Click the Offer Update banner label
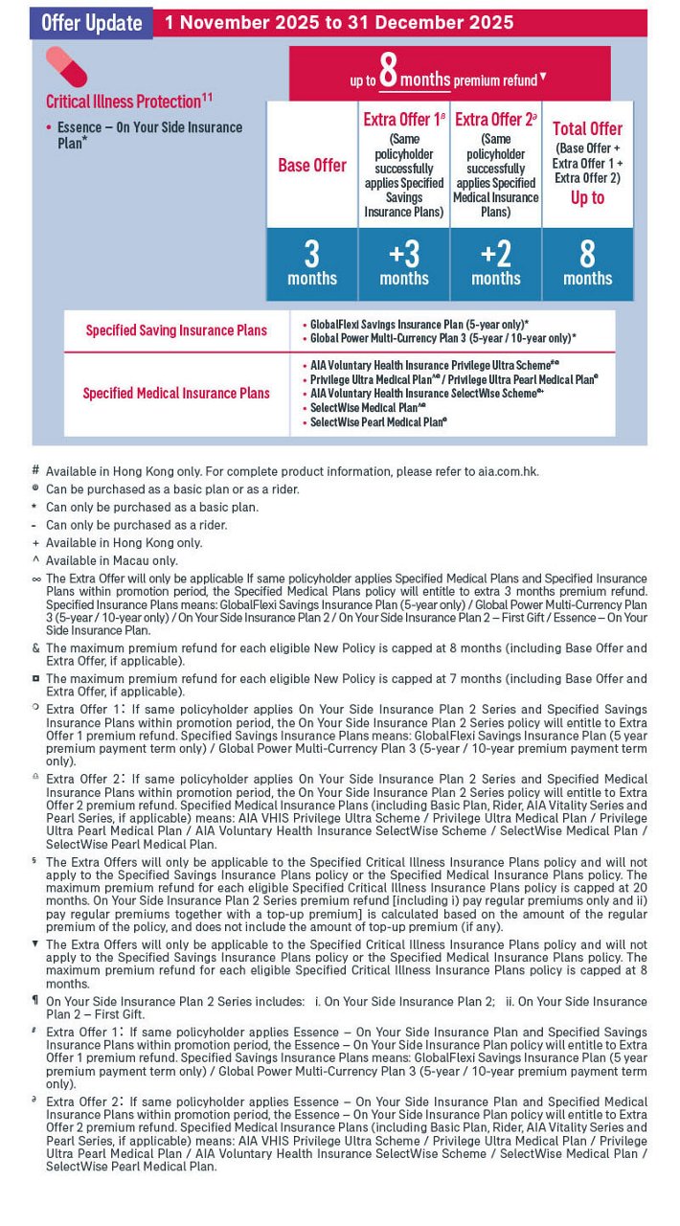pyautogui.click(x=92, y=24)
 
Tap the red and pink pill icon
pyautogui.click(x=66, y=67)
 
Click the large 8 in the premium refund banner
pyautogui.click(x=389, y=73)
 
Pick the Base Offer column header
pyautogui.click(x=312, y=166)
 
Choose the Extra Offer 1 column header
pyautogui.click(x=403, y=120)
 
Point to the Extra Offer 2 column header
pyautogui.click(x=495, y=120)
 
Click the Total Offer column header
pyautogui.click(x=587, y=128)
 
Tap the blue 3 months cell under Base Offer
pyautogui.click(x=312, y=263)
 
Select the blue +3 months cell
pyautogui.click(x=404, y=263)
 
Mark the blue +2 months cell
pyautogui.click(x=496, y=263)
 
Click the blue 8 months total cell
pyautogui.click(x=587, y=263)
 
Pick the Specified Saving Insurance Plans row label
pyautogui.click(x=176, y=330)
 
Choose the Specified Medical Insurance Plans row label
pyautogui.click(x=176, y=393)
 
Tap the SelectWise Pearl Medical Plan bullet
pyautogui.click(x=378, y=421)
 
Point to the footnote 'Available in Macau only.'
pyautogui.click(x=112, y=561)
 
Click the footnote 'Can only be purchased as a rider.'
pyautogui.click(x=137, y=525)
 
